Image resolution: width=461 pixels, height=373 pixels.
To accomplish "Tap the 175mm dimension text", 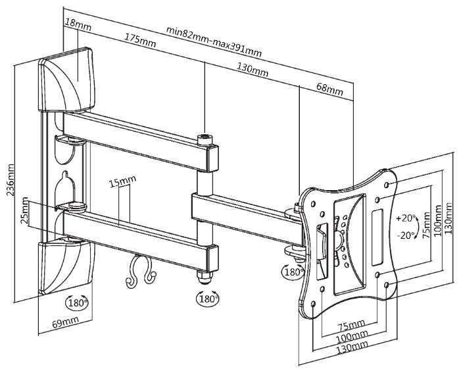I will [x=140, y=39].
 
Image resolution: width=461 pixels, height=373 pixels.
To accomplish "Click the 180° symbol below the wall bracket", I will [x=78, y=303].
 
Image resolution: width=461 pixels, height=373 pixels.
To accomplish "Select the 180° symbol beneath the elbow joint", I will [x=207, y=299].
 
